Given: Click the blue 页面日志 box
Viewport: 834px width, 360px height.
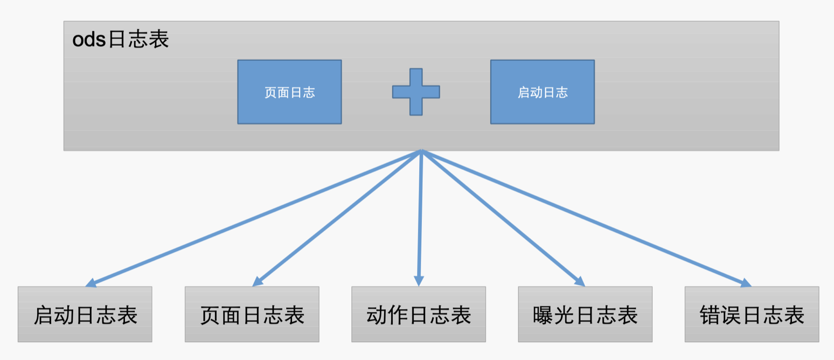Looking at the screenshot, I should [289, 92].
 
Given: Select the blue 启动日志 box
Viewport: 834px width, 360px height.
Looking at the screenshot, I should [542, 92].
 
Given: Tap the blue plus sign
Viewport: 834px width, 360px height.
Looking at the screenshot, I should [415, 92].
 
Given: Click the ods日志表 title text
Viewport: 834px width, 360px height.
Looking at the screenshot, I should [121, 40].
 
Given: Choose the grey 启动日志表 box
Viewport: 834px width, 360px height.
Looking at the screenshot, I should [85, 314].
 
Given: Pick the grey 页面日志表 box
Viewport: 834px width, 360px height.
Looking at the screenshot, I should [252, 314].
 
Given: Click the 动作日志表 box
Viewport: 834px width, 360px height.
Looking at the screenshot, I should [418, 314].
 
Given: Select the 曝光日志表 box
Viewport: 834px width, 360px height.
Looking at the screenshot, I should [585, 314].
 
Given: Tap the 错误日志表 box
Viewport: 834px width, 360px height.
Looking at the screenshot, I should [752, 314].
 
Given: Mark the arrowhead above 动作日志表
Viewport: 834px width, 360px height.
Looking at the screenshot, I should [419, 281].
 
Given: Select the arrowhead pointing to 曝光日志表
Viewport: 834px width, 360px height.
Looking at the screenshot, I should [580, 281].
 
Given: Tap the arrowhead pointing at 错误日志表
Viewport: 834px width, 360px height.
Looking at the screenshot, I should [746, 283].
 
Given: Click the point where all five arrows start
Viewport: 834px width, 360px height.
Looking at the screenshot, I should [421, 151].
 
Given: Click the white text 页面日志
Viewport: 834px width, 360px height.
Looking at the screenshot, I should [289, 92].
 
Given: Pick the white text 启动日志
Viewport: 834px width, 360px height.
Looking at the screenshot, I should [542, 92].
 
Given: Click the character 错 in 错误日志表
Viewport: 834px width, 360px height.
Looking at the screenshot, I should [710, 315].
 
